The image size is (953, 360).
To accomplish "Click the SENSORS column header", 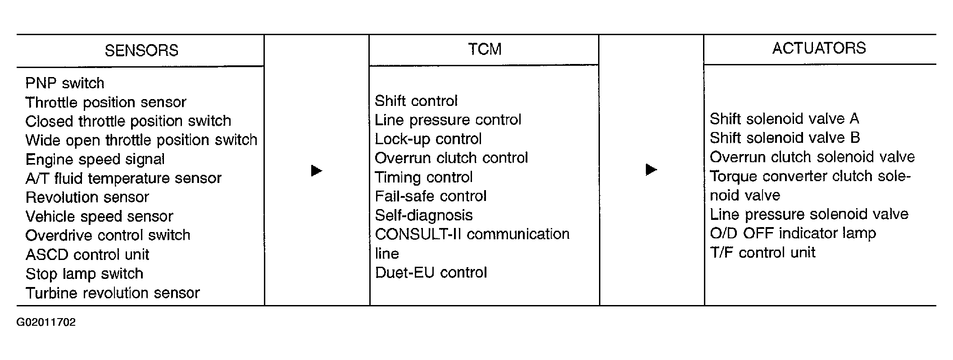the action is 141,50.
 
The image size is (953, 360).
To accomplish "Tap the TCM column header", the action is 485,49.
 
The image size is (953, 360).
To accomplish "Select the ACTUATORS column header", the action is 819,48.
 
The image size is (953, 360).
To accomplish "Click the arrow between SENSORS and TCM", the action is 317,171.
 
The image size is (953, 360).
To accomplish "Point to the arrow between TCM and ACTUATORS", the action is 652,170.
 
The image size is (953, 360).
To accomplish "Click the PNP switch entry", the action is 65,83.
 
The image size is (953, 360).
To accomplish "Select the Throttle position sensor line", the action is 106,102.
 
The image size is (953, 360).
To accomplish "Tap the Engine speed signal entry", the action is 95,159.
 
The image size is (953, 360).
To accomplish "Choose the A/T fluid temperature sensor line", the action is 123,178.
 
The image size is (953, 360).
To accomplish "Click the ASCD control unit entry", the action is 87,255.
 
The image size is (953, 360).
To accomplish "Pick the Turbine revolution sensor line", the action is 113,293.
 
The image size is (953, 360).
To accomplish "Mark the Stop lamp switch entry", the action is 84,273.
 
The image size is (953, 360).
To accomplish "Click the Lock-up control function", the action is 428,139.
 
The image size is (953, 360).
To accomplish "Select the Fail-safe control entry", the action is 431,196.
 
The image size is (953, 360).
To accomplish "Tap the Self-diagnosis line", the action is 424,215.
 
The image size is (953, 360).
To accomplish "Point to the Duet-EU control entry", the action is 431,273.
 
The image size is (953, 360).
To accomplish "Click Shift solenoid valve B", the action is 785,137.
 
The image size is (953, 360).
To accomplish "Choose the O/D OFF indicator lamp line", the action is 793,233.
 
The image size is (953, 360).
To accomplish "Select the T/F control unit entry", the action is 762,252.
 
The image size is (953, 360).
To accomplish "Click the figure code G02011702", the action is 46,322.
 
